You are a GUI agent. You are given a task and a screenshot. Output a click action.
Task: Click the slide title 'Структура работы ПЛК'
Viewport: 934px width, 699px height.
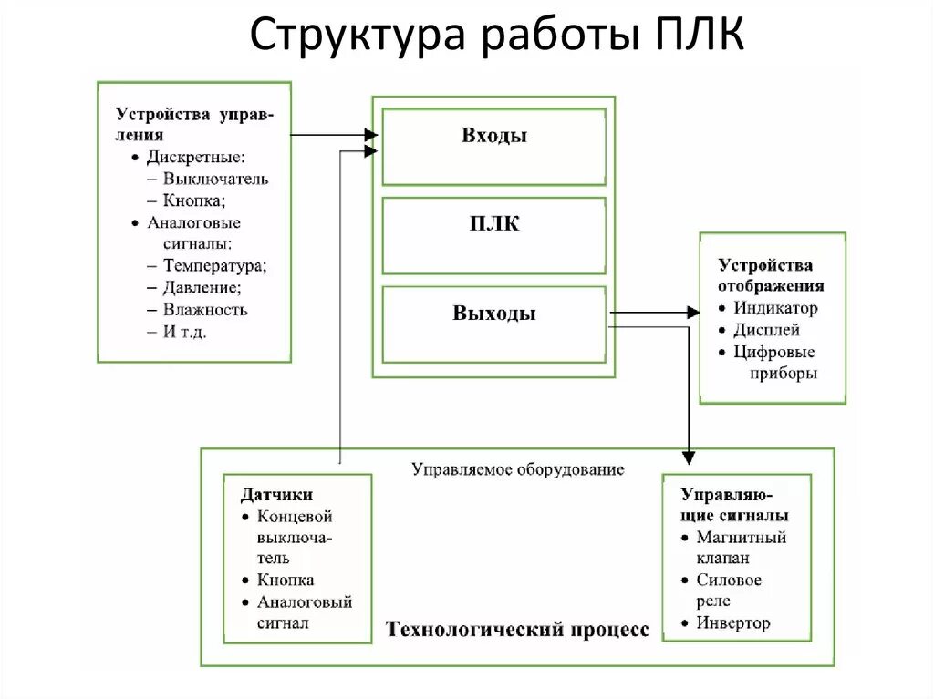(498, 36)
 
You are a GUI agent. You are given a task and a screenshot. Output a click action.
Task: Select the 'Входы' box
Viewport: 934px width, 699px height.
(493, 146)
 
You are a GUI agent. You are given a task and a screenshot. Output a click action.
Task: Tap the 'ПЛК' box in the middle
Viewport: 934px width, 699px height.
(493, 234)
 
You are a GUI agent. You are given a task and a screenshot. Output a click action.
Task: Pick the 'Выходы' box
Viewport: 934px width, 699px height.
(493, 324)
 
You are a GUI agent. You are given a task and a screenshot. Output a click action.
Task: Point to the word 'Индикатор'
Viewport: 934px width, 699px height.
(775, 308)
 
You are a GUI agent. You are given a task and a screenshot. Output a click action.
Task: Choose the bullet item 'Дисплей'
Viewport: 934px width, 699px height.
(766, 330)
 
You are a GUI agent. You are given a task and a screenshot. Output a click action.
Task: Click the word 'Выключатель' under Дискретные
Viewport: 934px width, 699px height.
(215, 179)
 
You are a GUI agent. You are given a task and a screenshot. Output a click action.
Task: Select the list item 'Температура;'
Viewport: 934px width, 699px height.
(214, 266)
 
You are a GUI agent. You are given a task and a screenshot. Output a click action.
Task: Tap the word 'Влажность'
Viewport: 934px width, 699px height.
(205, 310)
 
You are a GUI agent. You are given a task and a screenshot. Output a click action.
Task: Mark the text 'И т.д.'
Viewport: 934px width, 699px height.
(184, 332)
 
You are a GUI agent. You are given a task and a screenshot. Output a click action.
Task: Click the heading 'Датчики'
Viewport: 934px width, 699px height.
(276, 495)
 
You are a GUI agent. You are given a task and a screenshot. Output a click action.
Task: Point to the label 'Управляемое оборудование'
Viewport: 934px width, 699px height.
(517, 470)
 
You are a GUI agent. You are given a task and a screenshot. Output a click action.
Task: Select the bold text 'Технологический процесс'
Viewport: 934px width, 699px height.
(517, 630)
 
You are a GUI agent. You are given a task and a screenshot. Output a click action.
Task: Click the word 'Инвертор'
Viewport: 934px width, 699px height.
(732, 623)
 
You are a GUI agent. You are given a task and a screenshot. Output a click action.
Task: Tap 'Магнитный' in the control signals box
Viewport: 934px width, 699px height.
(741, 537)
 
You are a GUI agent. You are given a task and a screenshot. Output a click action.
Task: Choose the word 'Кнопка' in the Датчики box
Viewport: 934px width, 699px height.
(285, 580)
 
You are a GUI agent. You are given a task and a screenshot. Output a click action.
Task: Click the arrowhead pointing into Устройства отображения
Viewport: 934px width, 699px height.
(692, 313)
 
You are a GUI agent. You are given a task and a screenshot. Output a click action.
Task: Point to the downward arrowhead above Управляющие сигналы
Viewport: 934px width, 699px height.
(690, 455)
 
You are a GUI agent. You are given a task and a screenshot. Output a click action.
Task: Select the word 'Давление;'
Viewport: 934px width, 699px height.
(202, 288)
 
